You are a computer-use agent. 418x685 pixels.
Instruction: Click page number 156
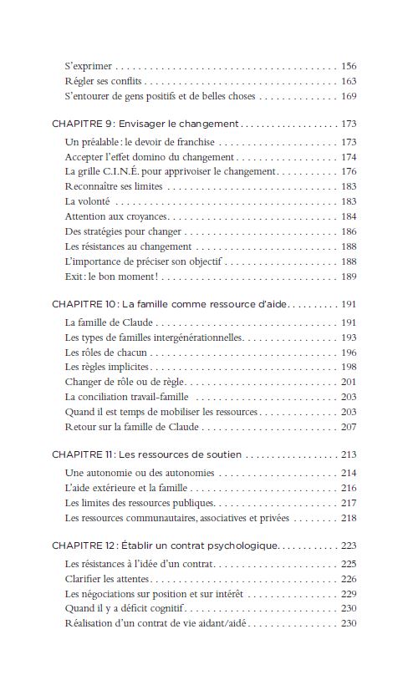pos(349,65)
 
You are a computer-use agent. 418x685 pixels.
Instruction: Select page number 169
pos(349,96)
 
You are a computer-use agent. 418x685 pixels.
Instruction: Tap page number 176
pos(349,171)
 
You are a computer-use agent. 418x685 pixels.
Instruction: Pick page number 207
pos(349,427)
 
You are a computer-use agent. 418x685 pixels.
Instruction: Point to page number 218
pos(349,518)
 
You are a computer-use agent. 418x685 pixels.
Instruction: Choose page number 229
pos(349,593)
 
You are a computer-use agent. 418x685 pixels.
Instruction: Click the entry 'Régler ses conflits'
pos(104,81)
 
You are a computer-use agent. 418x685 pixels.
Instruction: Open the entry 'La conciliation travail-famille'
pos(126,397)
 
